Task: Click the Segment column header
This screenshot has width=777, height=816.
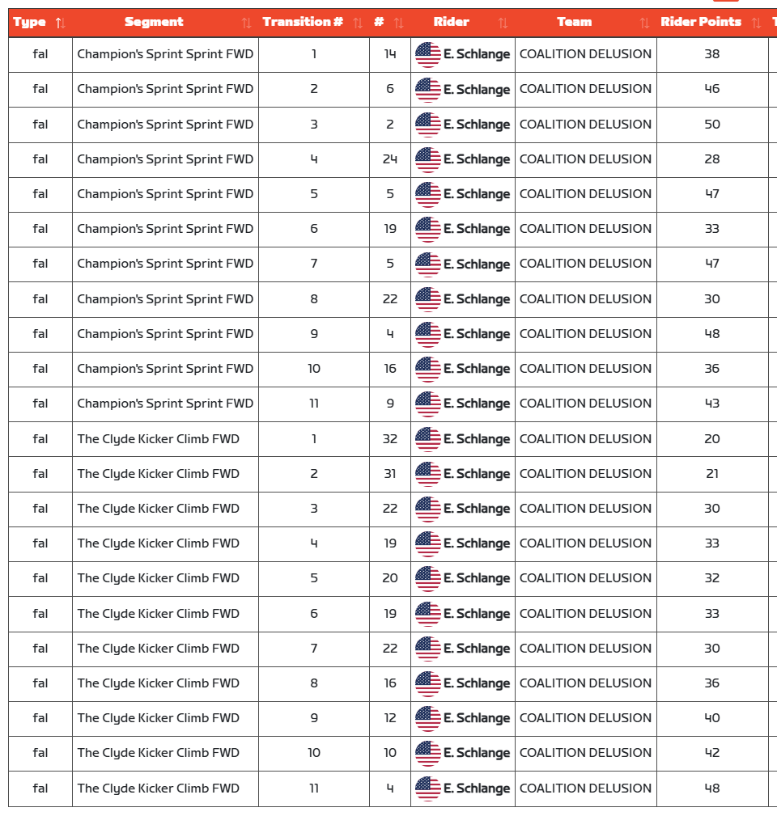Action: pyautogui.click(x=154, y=22)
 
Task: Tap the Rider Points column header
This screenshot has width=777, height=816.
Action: pyautogui.click(x=700, y=22)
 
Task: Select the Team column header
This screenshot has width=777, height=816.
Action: pyautogui.click(x=574, y=22)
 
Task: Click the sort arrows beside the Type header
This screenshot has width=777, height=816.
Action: pyautogui.click(x=60, y=23)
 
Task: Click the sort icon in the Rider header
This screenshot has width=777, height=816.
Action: pyautogui.click(x=503, y=23)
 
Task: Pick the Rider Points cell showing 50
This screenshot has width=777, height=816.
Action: pyautogui.click(x=711, y=124)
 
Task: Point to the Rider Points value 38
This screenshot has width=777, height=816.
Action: pyautogui.click(x=711, y=54)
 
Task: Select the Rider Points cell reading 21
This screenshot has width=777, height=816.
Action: pyautogui.click(x=711, y=473)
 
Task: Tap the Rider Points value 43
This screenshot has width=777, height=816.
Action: pyautogui.click(x=711, y=403)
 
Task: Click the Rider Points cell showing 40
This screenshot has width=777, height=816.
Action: pyautogui.click(x=711, y=717)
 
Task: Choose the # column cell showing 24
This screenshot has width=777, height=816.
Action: pyautogui.click(x=390, y=159)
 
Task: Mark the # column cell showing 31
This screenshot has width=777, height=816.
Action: pyautogui.click(x=390, y=473)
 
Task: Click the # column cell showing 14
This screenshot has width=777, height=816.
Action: pyautogui.click(x=390, y=54)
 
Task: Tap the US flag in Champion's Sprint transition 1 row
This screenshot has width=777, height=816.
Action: pyautogui.click(x=428, y=55)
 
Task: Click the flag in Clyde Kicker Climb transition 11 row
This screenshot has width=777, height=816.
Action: pyautogui.click(x=428, y=789)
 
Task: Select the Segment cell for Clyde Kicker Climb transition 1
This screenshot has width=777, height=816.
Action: pyautogui.click(x=159, y=438)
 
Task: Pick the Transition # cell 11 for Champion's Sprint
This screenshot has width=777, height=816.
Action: pyautogui.click(x=314, y=403)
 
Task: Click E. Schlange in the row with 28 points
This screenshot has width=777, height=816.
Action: pyautogui.click(x=476, y=159)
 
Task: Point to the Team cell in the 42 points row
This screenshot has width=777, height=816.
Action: pyautogui.click(x=585, y=752)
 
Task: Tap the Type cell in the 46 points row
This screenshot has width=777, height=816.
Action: pyautogui.click(x=40, y=89)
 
